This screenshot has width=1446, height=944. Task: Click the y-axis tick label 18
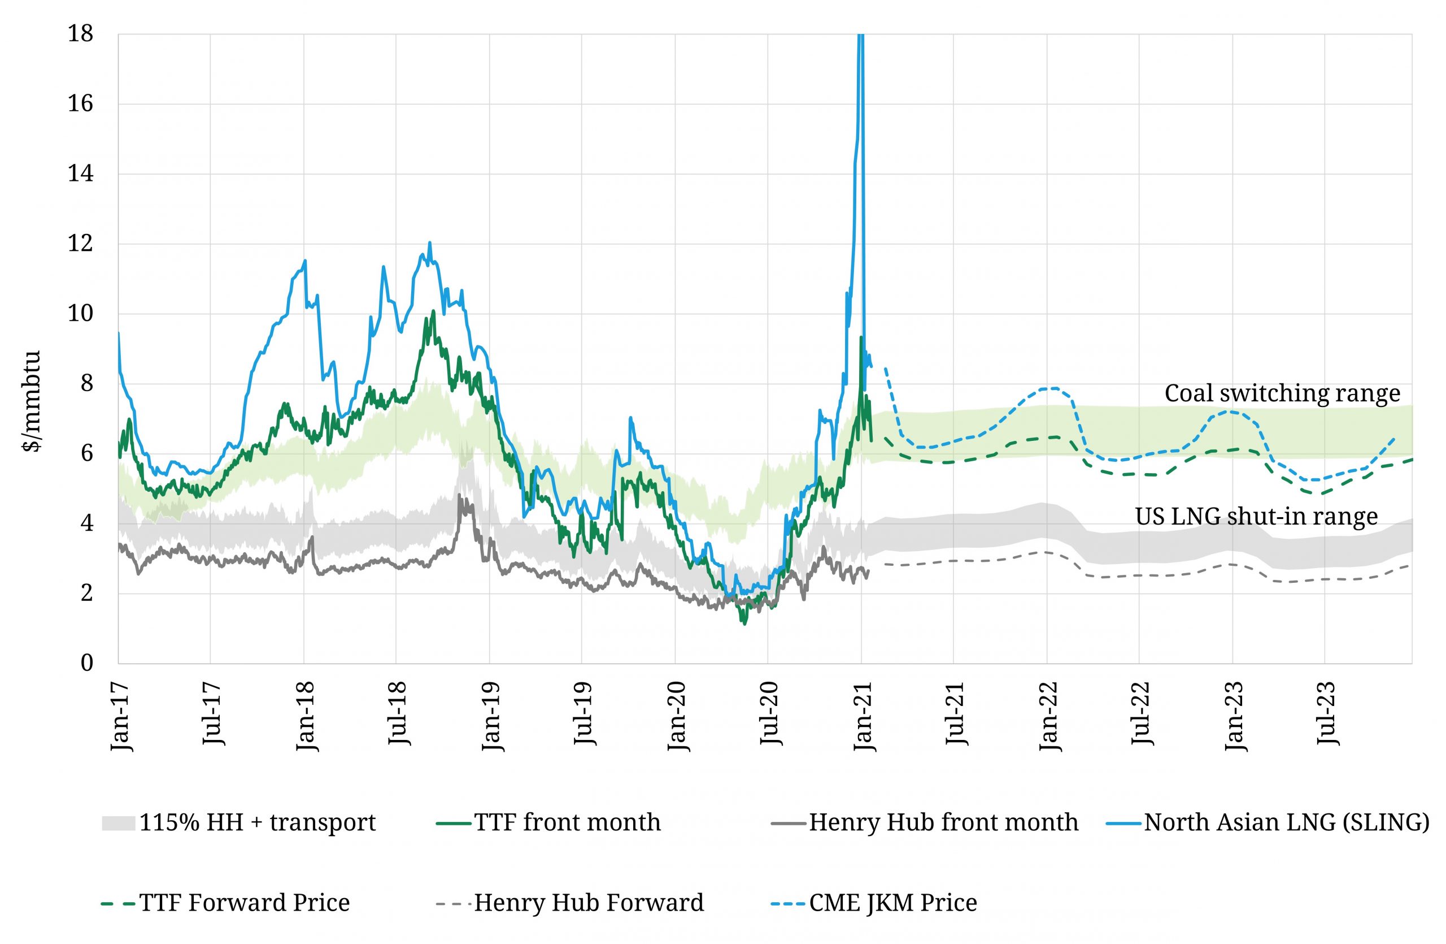(80, 34)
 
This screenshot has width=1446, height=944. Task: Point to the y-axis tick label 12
(80, 244)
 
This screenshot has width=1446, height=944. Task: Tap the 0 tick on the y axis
(87, 662)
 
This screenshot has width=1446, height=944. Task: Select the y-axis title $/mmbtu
(31, 401)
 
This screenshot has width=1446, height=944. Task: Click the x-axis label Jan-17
(120, 717)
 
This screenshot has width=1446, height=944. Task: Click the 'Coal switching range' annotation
(1282, 393)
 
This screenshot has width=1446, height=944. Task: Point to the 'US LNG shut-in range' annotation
(1256, 516)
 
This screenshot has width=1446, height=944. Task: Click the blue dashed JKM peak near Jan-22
(1051, 388)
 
